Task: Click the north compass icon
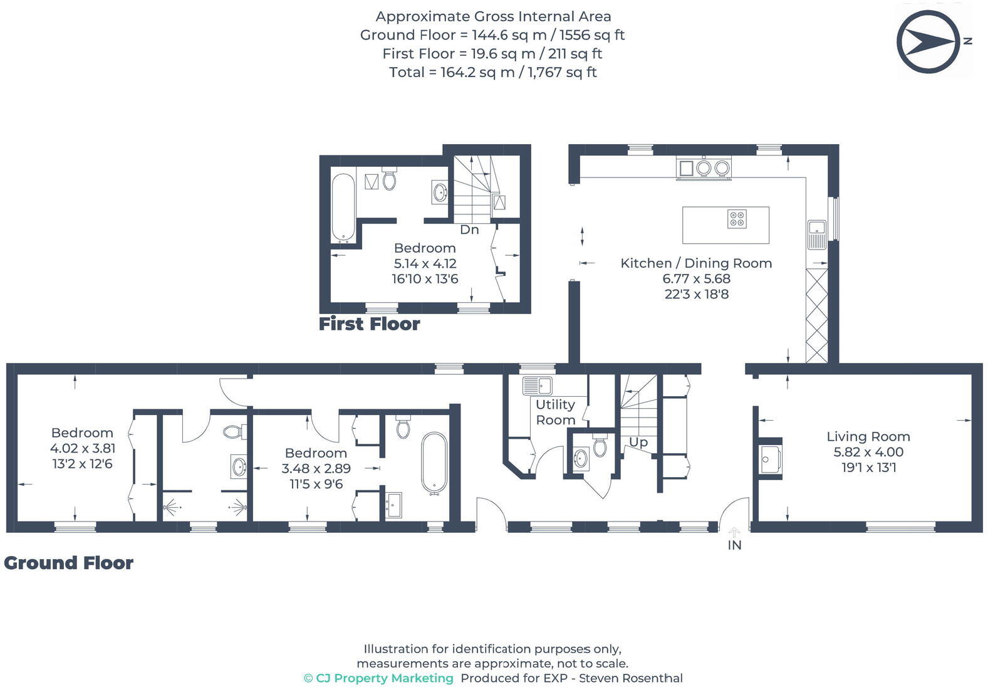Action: pos(928,42)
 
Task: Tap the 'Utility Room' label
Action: pos(555,412)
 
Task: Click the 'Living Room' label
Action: pos(868,436)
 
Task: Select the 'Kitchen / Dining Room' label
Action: pos(696,263)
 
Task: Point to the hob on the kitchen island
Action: pos(737,219)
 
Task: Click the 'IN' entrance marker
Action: pos(734,545)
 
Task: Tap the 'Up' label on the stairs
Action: pos(638,442)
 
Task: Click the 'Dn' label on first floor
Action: pos(469,229)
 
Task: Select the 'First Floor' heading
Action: pos(369,324)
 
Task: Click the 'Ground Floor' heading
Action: pos(68,563)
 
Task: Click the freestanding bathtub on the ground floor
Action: pos(434,463)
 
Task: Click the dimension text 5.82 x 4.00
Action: pos(868,452)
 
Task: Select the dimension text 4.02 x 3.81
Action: pos(82,448)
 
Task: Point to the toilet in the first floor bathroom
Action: pos(389,179)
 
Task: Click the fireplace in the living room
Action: pos(769,459)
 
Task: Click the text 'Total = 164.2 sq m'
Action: pos(451,72)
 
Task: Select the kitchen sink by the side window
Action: pos(817,234)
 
